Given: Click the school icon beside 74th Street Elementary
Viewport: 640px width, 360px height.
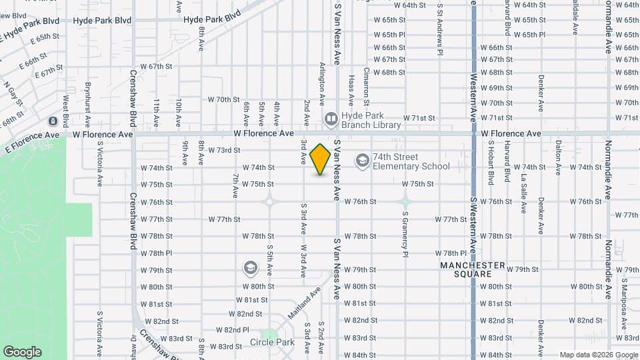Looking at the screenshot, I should click(x=362, y=160).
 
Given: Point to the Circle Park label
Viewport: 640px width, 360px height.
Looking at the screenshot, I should click(x=272, y=342).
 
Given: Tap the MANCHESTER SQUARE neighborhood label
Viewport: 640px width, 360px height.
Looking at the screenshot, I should click(x=473, y=269).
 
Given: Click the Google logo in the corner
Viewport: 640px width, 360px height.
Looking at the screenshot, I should click(x=22, y=352).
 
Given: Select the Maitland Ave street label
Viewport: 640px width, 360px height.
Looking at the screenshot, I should click(x=304, y=303).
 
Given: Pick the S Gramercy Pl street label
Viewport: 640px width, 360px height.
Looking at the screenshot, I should click(x=405, y=234).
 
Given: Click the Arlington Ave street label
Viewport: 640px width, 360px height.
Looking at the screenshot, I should click(x=322, y=83).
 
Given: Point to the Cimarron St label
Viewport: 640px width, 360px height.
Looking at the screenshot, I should click(x=366, y=87).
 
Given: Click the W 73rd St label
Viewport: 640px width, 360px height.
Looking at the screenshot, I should click(x=224, y=150).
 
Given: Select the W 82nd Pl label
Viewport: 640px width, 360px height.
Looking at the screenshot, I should click(x=232, y=330).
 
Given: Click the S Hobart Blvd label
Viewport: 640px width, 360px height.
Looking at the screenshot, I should click(x=490, y=162).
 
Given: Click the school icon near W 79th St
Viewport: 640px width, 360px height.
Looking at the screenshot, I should click(x=250, y=268).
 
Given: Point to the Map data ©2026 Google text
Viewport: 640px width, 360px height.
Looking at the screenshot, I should click(x=598, y=355).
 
